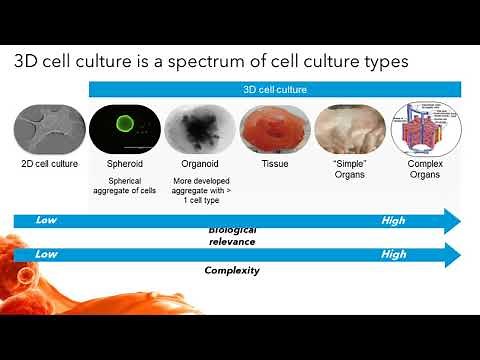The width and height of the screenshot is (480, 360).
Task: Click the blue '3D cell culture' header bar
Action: click(x=275, y=90)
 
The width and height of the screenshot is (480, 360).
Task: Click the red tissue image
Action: click(x=274, y=127)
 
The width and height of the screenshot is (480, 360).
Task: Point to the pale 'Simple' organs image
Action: click(x=349, y=127)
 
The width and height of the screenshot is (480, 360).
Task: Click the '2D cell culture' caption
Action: click(x=48, y=162)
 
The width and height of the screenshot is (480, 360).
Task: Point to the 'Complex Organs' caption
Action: click(x=424, y=168)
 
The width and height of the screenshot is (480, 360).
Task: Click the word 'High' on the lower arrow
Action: click(x=394, y=254)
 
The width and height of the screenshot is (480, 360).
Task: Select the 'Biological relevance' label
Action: click(x=232, y=237)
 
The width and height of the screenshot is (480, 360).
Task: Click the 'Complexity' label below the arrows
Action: click(x=232, y=270)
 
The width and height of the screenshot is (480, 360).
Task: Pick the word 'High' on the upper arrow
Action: click(x=394, y=219)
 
